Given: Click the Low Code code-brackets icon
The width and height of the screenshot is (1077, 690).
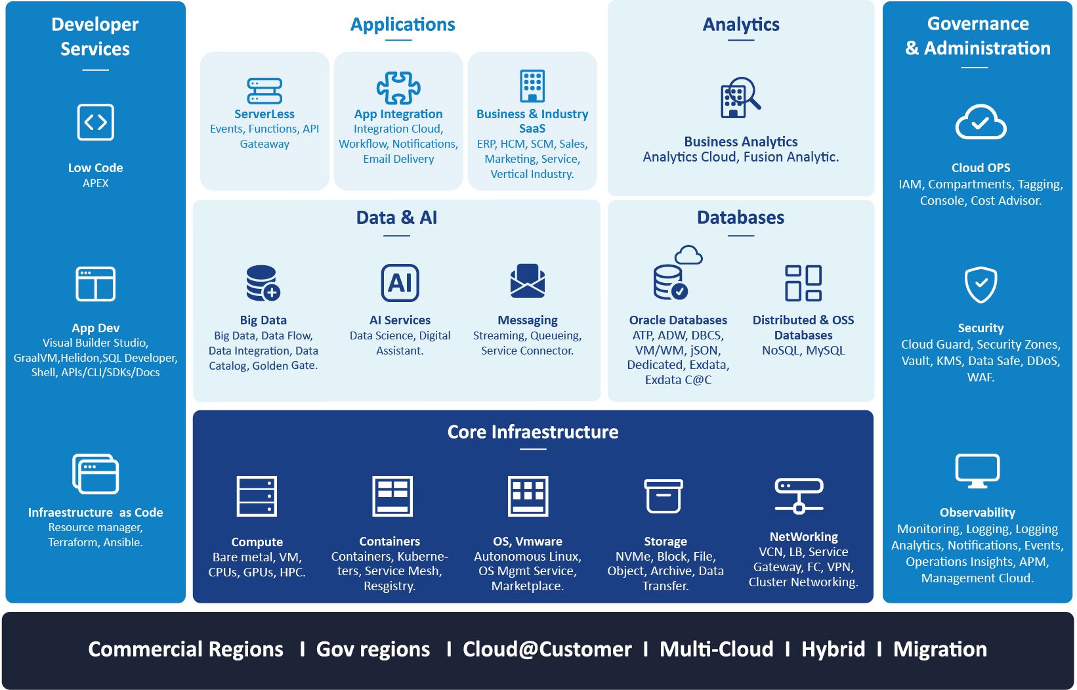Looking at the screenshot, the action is [x=95, y=122].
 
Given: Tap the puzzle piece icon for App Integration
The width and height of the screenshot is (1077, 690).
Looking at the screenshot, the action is [x=398, y=88].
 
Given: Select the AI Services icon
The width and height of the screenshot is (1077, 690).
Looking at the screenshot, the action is [x=400, y=283].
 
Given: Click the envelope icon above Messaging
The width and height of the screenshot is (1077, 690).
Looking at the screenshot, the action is [x=528, y=281].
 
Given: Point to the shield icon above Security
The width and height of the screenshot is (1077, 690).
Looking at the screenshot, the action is [x=981, y=285].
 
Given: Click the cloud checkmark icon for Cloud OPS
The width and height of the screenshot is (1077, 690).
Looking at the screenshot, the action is [x=981, y=121].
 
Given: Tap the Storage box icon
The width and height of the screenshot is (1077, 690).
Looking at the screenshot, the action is [x=664, y=496].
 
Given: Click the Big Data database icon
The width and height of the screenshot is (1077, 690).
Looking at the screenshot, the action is [x=263, y=283].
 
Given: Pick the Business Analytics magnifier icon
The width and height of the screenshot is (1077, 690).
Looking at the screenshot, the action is [x=740, y=98].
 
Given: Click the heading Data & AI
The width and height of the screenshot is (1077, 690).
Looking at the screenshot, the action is [x=396, y=217].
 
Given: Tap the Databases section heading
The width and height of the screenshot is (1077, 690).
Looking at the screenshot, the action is [x=740, y=217].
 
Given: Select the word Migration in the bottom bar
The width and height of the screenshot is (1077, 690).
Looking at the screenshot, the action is [x=940, y=649].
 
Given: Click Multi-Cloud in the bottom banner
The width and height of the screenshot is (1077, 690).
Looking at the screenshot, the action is [x=717, y=649].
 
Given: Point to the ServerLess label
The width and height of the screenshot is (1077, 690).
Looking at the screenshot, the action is [x=264, y=114].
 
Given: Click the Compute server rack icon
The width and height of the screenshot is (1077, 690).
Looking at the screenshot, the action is [x=257, y=496].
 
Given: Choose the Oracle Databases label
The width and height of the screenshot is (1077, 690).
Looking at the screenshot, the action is [x=678, y=320].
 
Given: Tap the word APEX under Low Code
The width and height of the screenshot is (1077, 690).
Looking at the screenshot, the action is [x=95, y=183].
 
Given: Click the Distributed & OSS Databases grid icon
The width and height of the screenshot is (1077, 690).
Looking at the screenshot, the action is [x=803, y=283].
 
